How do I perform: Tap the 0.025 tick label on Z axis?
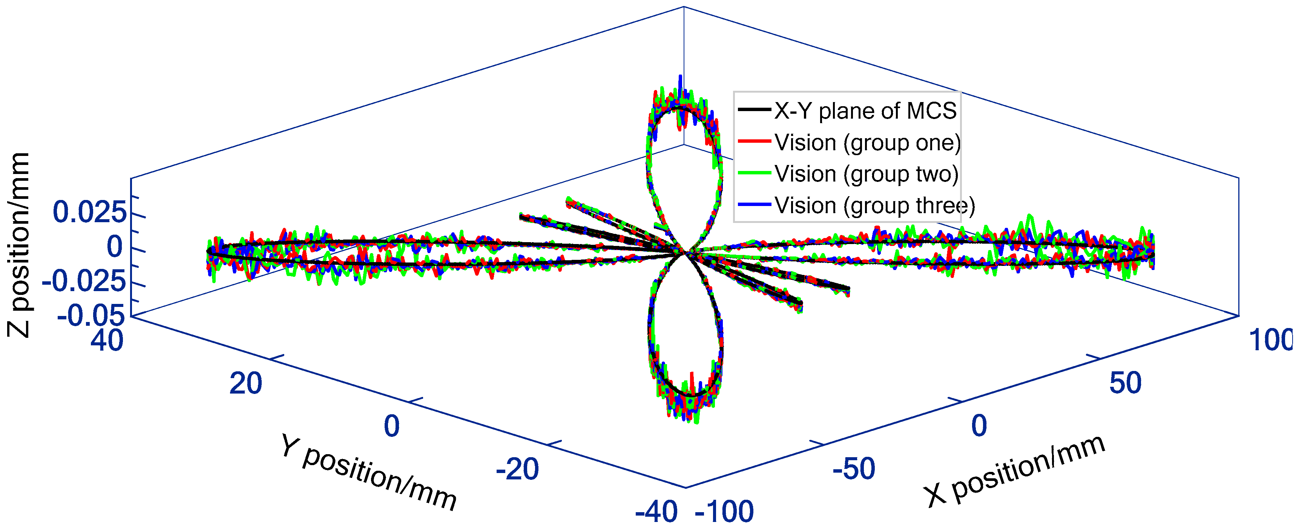(x=90, y=212)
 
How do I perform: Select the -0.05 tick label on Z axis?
(x=91, y=316)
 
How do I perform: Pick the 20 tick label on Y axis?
(x=245, y=383)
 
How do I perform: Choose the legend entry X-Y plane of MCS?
(x=865, y=111)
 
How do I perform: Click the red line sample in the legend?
(x=755, y=141)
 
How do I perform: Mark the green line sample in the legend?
(x=755, y=173)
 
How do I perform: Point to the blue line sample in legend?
(x=755, y=204)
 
